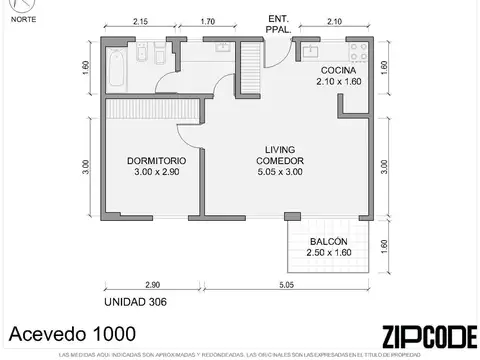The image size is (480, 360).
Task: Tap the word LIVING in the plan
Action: point(280,148)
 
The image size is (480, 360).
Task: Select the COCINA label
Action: point(339,69)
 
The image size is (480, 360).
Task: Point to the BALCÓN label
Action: point(328,243)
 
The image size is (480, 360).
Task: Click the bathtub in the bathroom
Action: point(115,67)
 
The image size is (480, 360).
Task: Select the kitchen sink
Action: point(311,47)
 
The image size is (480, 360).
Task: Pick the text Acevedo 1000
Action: point(65,333)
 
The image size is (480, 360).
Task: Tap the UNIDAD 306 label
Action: point(135,300)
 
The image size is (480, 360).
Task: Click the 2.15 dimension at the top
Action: point(140,21)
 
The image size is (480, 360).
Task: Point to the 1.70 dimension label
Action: point(208,21)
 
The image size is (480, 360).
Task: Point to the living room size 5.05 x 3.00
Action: point(280,172)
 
